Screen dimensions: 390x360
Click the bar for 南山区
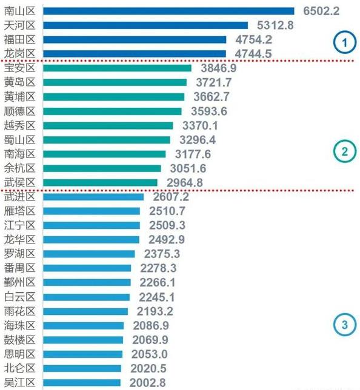click(169, 11)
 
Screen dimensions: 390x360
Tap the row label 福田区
click(20, 39)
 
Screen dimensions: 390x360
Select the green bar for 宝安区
click(118, 68)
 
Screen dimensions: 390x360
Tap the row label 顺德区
click(20, 111)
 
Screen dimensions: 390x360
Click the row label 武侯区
click(20, 182)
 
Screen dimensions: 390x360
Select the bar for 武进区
click(94, 197)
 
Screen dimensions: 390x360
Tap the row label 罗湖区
click(20, 254)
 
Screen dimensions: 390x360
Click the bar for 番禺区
click(87, 268)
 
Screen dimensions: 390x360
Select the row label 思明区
click(20, 354)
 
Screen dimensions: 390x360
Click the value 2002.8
click(147, 383)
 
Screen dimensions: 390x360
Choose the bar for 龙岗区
click(135, 53)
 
